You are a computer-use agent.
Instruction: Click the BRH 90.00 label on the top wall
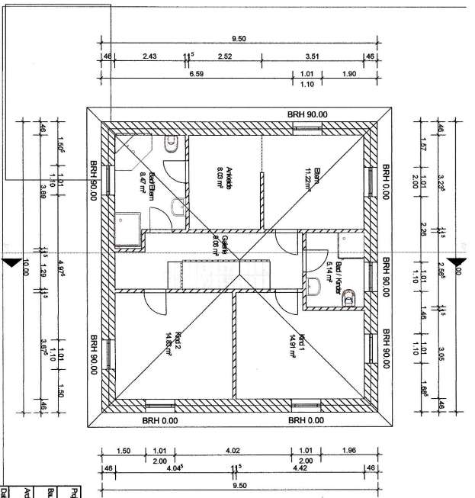pyautogui.click(x=307, y=114)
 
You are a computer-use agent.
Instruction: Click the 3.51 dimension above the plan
pyautogui.click(x=311, y=56)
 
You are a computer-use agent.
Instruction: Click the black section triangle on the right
pyautogui.click(x=459, y=263)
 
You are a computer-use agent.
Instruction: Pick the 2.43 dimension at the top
pyautogui.click(x=149, y=56)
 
